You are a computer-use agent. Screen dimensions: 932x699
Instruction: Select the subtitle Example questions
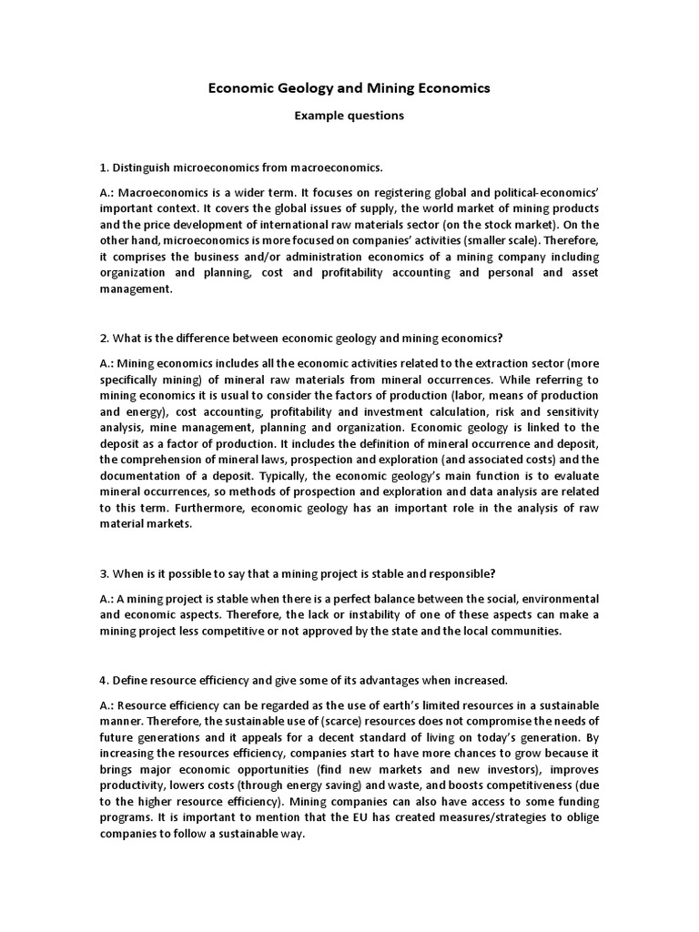pyautogui.click(x=349, y=116)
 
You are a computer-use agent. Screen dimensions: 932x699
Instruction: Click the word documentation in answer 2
pyautogui.click(x=144, y=461)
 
